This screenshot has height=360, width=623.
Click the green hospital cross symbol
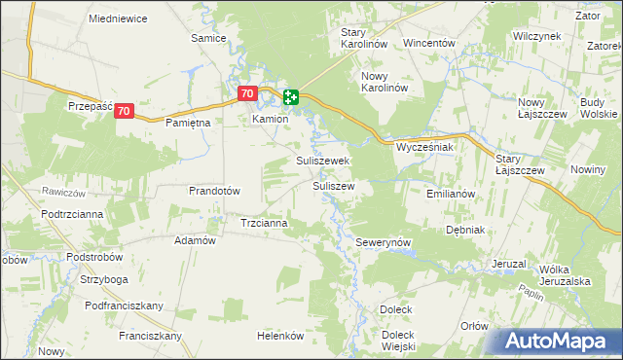click(291, 96)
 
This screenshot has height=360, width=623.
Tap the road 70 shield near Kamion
click(247, 94)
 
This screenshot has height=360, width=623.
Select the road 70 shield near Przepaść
click(123, 112)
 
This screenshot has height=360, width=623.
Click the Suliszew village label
click(333, 184)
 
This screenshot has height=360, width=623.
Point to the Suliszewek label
click(323, 161)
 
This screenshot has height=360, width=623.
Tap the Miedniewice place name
click(117, 18)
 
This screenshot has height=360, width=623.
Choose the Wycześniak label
click(425, 148)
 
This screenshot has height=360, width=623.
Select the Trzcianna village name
click(264, 223)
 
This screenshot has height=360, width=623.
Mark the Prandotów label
click(214, 191)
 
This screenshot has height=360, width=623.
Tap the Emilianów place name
click(451, 194)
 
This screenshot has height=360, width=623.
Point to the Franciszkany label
click(151, 336)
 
